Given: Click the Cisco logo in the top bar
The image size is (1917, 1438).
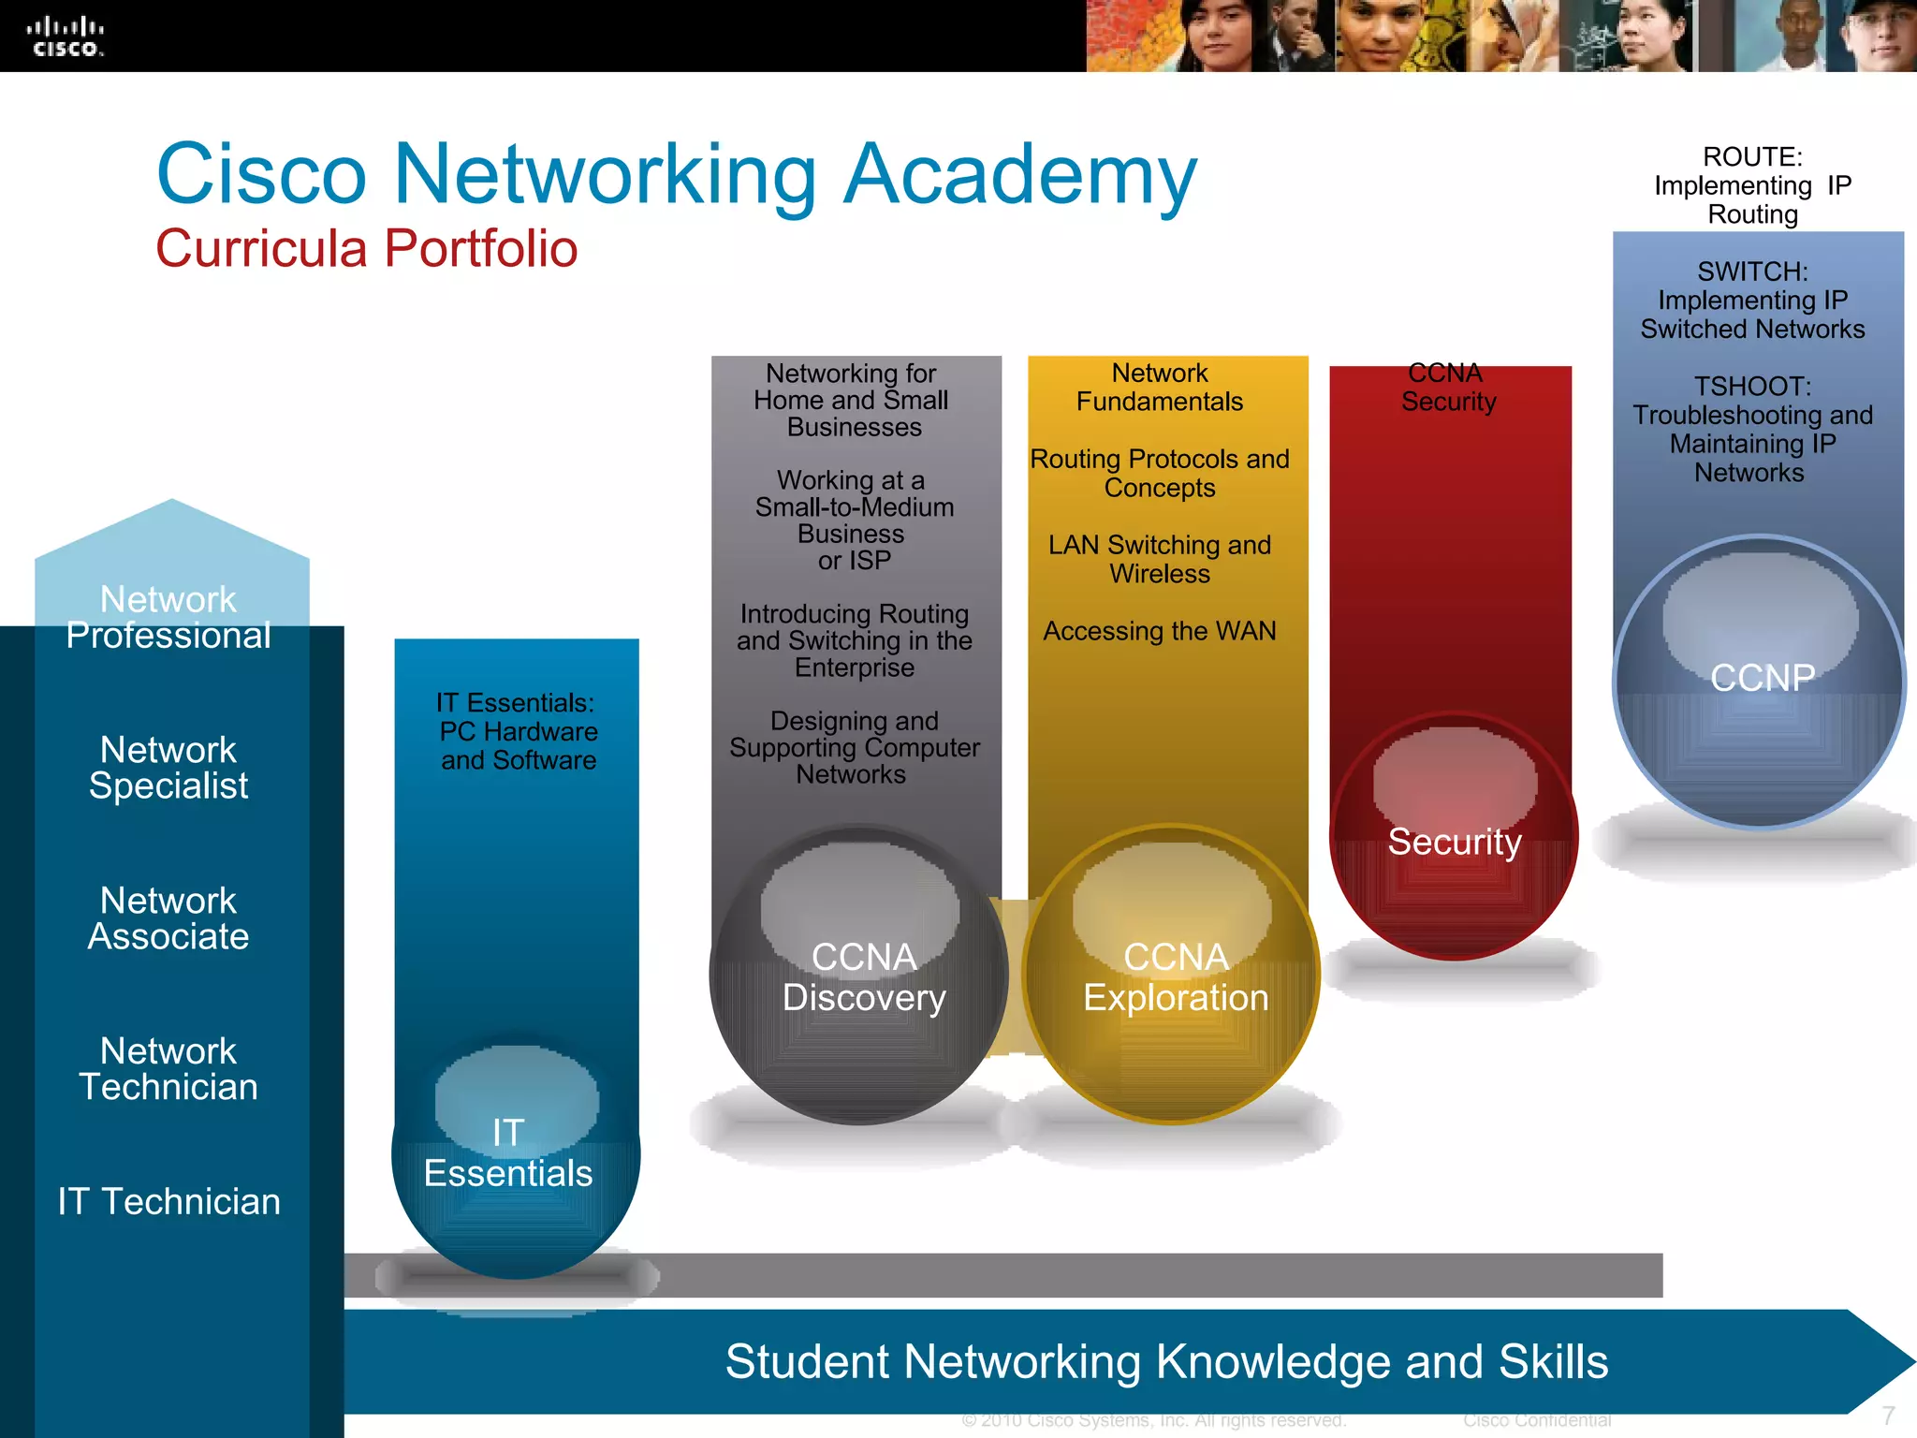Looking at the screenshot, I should click(x=65, y=37).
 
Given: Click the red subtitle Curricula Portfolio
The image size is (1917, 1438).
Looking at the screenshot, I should click(x=366, y=249).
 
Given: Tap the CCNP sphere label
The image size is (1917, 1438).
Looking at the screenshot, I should click(x=1762, y=678).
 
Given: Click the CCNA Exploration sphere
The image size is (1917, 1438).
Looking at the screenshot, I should click(x=1175, y=977).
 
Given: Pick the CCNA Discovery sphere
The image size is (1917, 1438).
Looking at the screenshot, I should click(x=863, y=977).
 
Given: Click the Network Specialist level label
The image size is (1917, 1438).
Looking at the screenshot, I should click(x=168, y=768).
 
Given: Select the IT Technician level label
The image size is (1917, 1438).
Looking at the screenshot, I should click(x=168, y=1201).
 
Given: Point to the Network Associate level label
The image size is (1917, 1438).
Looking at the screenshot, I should click(x=168, y=918).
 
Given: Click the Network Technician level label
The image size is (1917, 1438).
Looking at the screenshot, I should click(x=168, y=1069).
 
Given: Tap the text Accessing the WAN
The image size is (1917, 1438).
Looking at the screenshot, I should click(x=1160, y=631).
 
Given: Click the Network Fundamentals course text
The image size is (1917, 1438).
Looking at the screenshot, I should click(x=1160, y=388).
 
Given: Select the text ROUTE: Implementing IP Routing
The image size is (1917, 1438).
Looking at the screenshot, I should click(x=1752, y=185).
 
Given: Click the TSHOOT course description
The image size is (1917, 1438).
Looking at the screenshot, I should click(x=1752, y=430).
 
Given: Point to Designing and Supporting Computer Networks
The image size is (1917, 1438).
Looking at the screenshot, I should click(x=854, y=748).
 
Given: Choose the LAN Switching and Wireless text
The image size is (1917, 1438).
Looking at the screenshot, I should click(x=1160, y=559).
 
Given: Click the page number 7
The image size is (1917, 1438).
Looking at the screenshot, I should click(x=1888, y=1416).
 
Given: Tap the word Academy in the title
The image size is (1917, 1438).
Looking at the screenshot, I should click(x=1019, y=174).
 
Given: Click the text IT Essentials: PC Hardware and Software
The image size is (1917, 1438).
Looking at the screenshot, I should click(x=518, y=731).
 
